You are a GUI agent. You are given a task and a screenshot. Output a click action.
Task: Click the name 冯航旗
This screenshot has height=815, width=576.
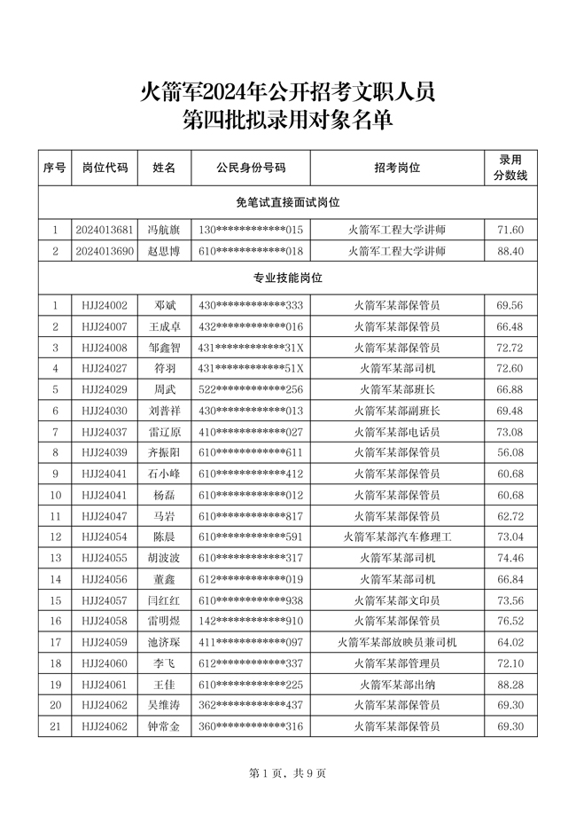tap(164, 230)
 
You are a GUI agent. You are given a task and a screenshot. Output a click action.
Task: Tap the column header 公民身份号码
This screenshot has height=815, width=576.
tap(251, 167)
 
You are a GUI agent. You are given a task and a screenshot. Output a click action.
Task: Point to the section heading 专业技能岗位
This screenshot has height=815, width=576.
tap(288, 278)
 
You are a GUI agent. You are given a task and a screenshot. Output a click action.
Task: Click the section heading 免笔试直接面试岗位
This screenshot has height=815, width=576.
tap(288, 203)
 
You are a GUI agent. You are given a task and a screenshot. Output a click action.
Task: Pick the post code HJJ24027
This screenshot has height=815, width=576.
tap(105, 368)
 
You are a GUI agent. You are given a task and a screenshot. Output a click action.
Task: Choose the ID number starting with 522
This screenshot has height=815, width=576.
tap(251, 389)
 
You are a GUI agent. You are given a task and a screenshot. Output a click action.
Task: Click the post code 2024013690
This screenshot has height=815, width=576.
tap(105, 251)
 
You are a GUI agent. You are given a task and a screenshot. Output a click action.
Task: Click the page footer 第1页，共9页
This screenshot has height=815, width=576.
tap(288, 773)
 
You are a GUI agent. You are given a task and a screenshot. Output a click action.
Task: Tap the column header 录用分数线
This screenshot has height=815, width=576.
tap(510, 167)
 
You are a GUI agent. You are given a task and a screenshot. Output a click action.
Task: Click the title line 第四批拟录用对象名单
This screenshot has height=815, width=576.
tap(288, 121)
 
